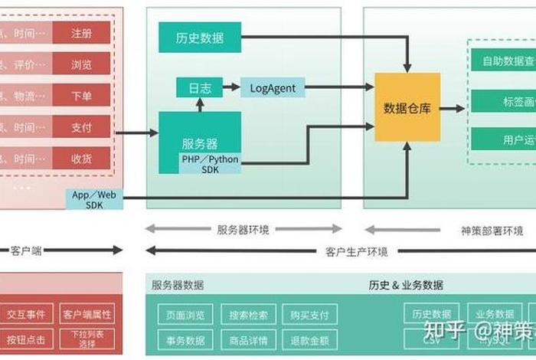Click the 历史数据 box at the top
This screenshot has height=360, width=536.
[x=200, y=38]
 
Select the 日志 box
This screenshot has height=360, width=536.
[x=200, y=88]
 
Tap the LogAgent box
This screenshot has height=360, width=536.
[x=273, y=88]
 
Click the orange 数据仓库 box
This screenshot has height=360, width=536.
[x=407, y=108]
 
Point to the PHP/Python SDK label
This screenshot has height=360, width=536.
[x=210, y=163]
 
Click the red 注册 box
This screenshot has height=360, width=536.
[x=82, y=34]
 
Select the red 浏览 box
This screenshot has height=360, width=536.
[x=82, y=64]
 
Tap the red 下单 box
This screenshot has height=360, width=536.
[x=82, y=96]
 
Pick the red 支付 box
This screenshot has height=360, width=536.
[x=82, y=126]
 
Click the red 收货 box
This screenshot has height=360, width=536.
[x=82, y=158]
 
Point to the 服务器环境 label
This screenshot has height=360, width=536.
[x=243, y=229]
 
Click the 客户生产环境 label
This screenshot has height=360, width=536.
[x=356, y=251]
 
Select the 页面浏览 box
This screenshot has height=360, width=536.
[x=185, y=315]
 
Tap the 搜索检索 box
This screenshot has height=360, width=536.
[x=248, y=315]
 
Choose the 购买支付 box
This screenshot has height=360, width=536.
[x=309, y=315]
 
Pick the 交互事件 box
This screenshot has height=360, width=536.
[x=26, y=314]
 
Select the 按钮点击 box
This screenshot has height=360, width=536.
[x=26, y=339]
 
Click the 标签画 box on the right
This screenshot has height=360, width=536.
[x=504, y=101]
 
